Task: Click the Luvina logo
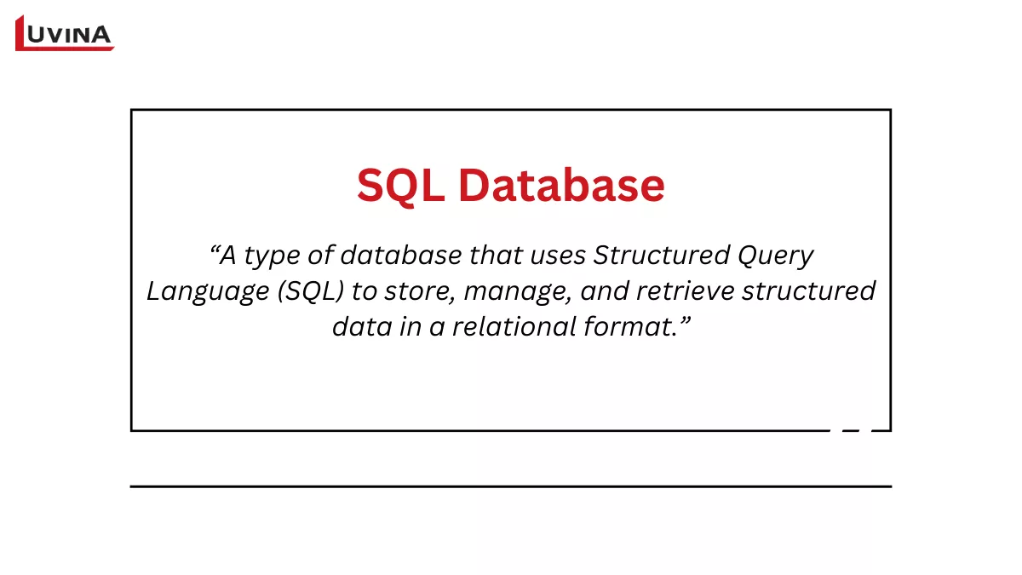(64, 32)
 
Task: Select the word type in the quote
(269, 256)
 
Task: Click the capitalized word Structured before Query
(661, 255)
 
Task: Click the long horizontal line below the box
(511, 486)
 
